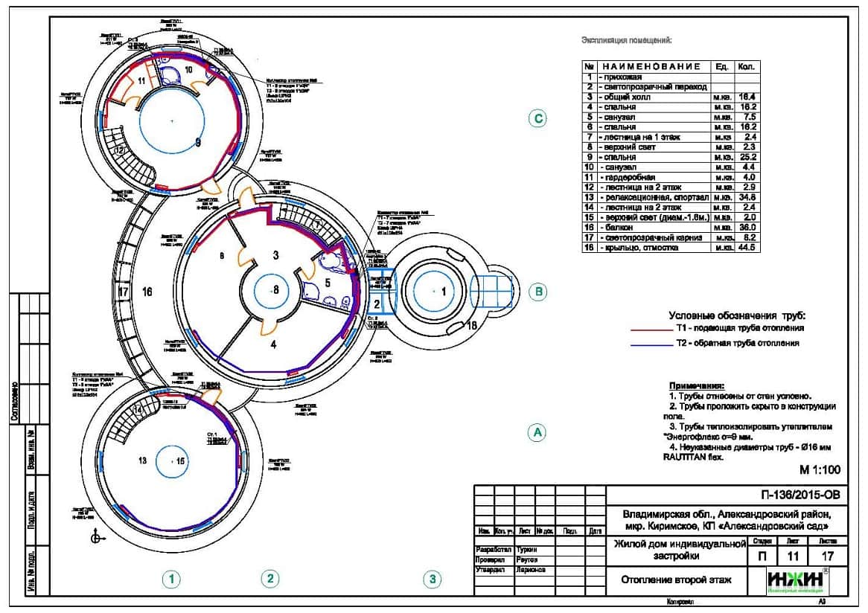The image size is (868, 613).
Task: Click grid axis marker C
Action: [537, 118]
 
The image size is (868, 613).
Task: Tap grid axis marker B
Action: [537, 292]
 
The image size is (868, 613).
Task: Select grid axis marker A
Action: [537, 431]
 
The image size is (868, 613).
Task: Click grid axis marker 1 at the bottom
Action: [173, 578]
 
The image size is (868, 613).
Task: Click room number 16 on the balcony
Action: [147, 292]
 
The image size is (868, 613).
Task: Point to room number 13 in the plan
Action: [143, 461]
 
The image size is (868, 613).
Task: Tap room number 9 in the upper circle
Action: [198, 142]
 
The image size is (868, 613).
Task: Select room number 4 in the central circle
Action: [273, 344]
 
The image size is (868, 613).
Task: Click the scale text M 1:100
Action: [820, 470]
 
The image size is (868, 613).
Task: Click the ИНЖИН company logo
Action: [797, 581]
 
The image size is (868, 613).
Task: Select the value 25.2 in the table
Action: [747, 158]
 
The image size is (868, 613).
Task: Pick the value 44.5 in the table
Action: [747, 248]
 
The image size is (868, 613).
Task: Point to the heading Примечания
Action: [696, 386]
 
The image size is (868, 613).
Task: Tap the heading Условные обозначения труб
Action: [737, 315]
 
